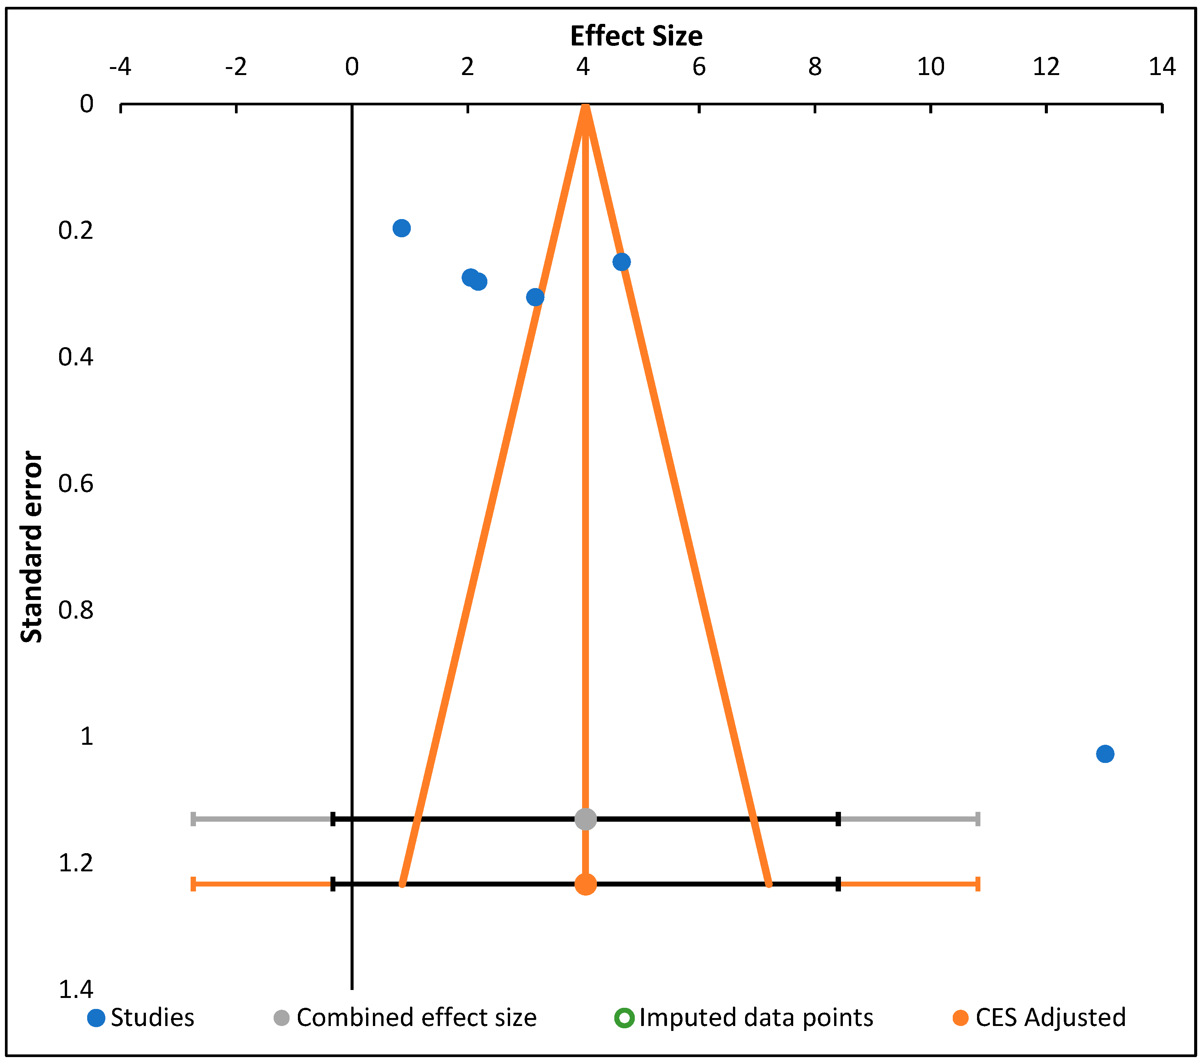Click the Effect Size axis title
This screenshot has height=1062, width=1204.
(636, 36)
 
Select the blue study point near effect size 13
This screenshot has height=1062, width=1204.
(1105, 753)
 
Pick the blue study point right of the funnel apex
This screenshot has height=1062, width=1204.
(622, 262)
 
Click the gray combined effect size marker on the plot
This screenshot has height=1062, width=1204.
(585, 819)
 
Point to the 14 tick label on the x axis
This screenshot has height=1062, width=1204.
(1162, 67)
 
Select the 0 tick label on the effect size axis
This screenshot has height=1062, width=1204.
(352, 67)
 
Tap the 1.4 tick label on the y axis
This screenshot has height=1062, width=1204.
(76, 990)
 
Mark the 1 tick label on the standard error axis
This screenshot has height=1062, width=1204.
(86, 736)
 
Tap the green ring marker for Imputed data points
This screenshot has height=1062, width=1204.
(624, 1018)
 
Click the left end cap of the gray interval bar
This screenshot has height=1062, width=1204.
(193, 819)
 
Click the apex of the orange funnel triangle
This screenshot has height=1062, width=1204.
(585, 106)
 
